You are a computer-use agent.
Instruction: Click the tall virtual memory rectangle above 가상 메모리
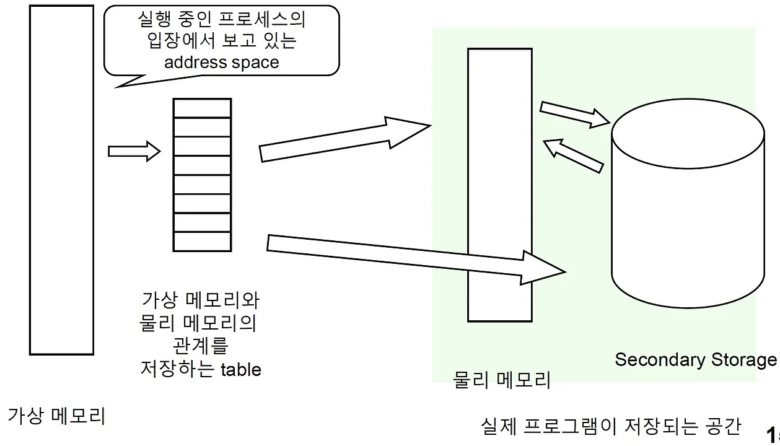pos(61,180)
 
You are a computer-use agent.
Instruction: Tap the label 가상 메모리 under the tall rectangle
pos(56,415)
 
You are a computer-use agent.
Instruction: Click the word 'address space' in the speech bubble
pos(221,63)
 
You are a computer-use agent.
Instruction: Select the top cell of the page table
pos(202,108)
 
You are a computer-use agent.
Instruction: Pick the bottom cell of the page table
pos(202,241)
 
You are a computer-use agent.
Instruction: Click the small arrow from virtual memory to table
pos(134,151)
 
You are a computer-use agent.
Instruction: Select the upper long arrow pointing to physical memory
pos(344,139)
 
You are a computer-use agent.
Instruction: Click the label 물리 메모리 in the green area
pos(502,380)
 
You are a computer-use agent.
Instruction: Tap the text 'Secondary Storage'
pos(695,359)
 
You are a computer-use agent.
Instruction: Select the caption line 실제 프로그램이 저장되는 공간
pos(610,426)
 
